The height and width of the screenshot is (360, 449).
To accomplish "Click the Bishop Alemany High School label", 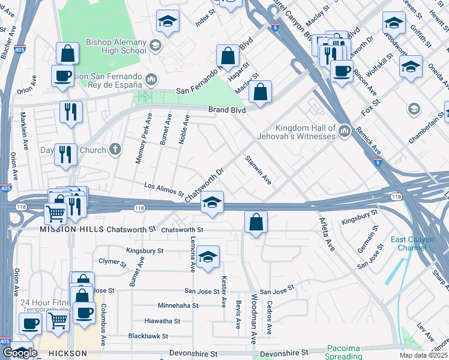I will coord(116,46).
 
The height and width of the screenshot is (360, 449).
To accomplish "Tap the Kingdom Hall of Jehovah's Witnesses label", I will coord(305,132).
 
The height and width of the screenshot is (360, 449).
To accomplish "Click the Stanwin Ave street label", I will coord(258,170).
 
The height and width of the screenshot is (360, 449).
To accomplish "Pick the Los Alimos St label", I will coord(164,189).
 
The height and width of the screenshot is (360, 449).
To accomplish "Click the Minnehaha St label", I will coord(178,305).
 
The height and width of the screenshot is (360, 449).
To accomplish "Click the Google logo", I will coord(20,353).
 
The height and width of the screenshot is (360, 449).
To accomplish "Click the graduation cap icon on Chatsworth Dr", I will coord(212,202).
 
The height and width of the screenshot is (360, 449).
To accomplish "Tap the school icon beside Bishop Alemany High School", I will coord(155,46).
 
